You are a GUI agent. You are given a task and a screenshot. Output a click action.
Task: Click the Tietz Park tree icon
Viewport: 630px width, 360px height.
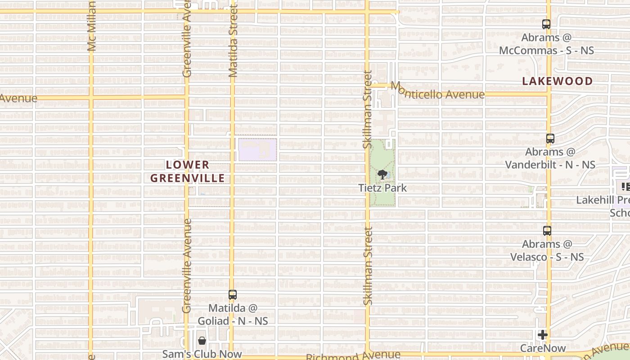382,174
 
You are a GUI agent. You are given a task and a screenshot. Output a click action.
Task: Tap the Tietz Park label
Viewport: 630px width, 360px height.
382,188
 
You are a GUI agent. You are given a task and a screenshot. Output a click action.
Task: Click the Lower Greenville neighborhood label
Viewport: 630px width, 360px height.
187,171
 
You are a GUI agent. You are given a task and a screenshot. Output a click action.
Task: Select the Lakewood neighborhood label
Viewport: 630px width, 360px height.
558,81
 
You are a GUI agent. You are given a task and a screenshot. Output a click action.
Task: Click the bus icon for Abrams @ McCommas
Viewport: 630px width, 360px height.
546,24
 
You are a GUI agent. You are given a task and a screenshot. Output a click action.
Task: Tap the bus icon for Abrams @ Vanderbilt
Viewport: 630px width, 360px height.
550,139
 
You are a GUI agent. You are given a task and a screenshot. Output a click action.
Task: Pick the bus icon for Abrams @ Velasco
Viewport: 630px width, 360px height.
547,231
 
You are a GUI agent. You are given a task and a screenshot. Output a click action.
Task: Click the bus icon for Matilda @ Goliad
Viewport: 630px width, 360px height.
232,295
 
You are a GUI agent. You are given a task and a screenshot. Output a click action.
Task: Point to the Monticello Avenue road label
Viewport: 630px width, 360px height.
437,91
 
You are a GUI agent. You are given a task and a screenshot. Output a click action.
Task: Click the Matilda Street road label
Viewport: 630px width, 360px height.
233,41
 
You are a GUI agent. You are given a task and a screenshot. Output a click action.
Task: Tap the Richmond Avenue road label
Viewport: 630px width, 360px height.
353,356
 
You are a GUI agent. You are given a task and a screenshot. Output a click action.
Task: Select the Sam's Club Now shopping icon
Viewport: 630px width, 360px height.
202,341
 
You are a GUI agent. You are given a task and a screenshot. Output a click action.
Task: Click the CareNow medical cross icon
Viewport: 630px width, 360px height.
543,335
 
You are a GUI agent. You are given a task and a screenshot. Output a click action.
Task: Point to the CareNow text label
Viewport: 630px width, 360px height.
543,348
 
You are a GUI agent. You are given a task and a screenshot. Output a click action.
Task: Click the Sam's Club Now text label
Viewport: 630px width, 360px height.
202,354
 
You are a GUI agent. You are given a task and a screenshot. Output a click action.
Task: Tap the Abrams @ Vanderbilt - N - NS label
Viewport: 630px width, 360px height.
550,158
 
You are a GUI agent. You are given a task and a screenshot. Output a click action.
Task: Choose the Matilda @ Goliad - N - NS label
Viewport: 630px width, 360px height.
233,315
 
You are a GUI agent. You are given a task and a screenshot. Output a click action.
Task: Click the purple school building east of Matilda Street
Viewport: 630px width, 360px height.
257,149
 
